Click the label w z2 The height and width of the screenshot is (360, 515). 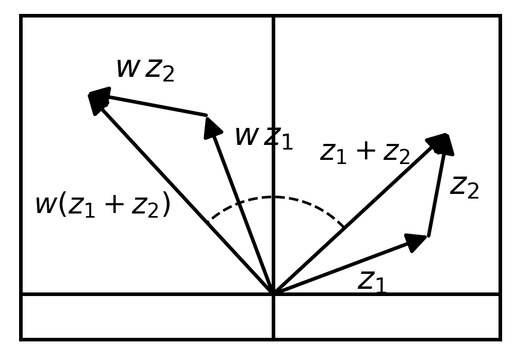tap(145, 70)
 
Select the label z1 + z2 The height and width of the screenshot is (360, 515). tap(365, 154)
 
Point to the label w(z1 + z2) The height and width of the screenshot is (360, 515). tap(103, 205)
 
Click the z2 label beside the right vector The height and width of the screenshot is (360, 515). tap(464, 188)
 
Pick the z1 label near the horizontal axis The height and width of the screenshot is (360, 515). tap(372, 282)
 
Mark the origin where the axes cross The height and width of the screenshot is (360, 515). tap(273, 293)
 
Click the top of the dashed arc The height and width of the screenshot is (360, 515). tap(273, 197)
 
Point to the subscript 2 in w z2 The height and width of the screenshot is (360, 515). tap(169, 75)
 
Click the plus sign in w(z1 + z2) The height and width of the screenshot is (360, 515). tap(114, 204)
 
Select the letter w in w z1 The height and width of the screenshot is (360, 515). tap(247, 136)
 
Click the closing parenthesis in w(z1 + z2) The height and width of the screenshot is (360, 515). tap(167, 205)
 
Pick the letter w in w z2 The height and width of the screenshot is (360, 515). tap(128, 68)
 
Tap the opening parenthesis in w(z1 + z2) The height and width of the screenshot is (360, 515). tap(62, 205)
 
